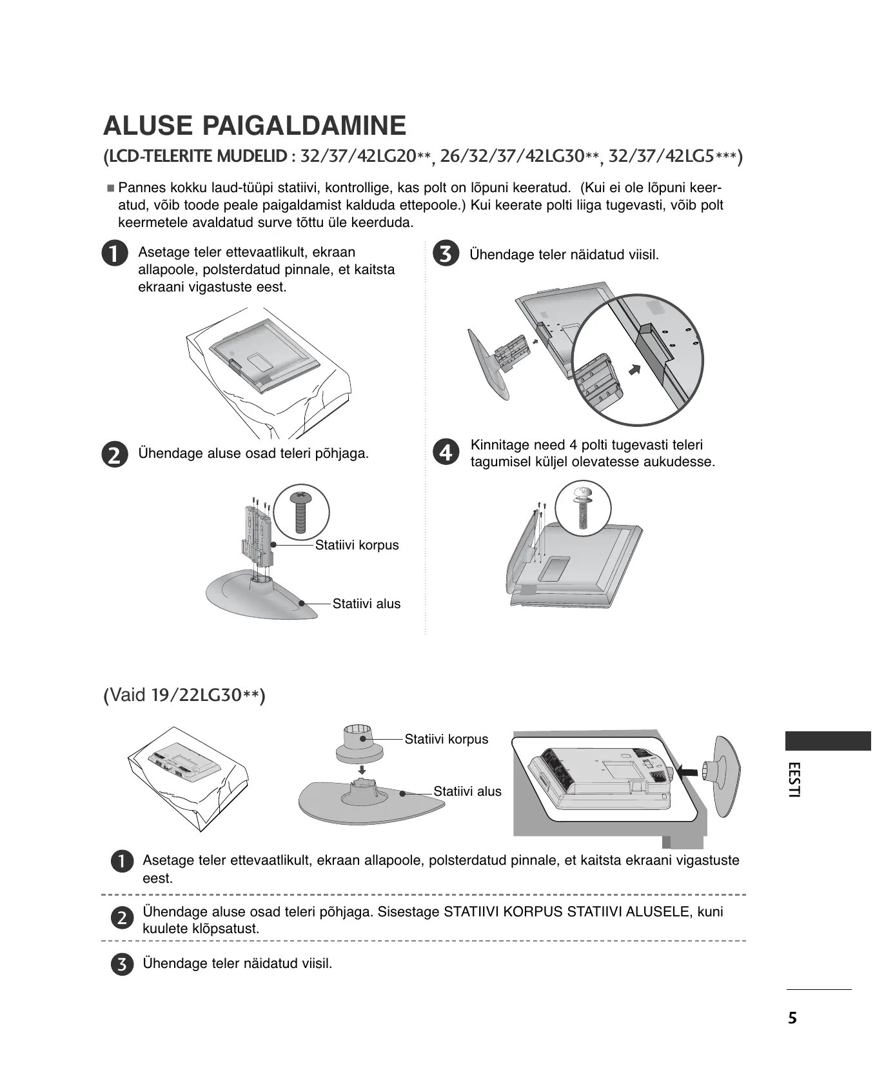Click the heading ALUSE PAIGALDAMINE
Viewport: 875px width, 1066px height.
(255, 125)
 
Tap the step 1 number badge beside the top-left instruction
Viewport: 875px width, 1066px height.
(113, 253)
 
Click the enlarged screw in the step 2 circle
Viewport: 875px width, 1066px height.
(300, 513)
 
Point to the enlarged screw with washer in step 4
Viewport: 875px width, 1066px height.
(583, 506)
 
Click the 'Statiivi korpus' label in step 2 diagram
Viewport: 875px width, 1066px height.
(357, 545)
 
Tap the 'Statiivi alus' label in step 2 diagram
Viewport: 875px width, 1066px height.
(366, 604)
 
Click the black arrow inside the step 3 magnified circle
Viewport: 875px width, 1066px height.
(636, 370)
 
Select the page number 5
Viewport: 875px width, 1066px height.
(792, 1018)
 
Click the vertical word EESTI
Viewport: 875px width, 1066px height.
(794, 780)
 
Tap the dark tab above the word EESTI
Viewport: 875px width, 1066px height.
(828, 741)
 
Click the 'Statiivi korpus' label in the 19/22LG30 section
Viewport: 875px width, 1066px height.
(446, 739)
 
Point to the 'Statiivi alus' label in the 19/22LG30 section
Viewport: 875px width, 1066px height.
(467, 791)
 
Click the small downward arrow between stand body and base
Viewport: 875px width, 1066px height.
(362, 769)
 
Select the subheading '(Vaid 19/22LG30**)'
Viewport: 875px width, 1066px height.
(184, 695)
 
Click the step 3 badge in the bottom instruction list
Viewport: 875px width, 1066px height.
(121, 965)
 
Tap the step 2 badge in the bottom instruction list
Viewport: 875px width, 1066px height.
(121, 918)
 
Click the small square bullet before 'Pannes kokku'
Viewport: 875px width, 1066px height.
(110, 189)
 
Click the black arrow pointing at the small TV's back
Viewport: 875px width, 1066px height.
(687, 770)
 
